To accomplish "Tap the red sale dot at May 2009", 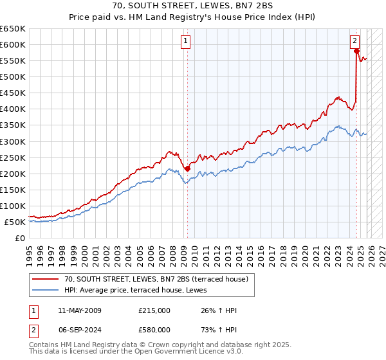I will [x=187, y=168].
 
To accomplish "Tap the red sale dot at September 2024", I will [x=356, y=51].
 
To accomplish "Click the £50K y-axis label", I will [x=15, y=222].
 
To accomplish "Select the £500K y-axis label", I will [x=13, y=76].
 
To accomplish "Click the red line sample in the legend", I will [x=45, y=279].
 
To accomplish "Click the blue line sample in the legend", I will [x=45, y=290].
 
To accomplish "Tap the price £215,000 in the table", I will [x=154, y=310].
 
